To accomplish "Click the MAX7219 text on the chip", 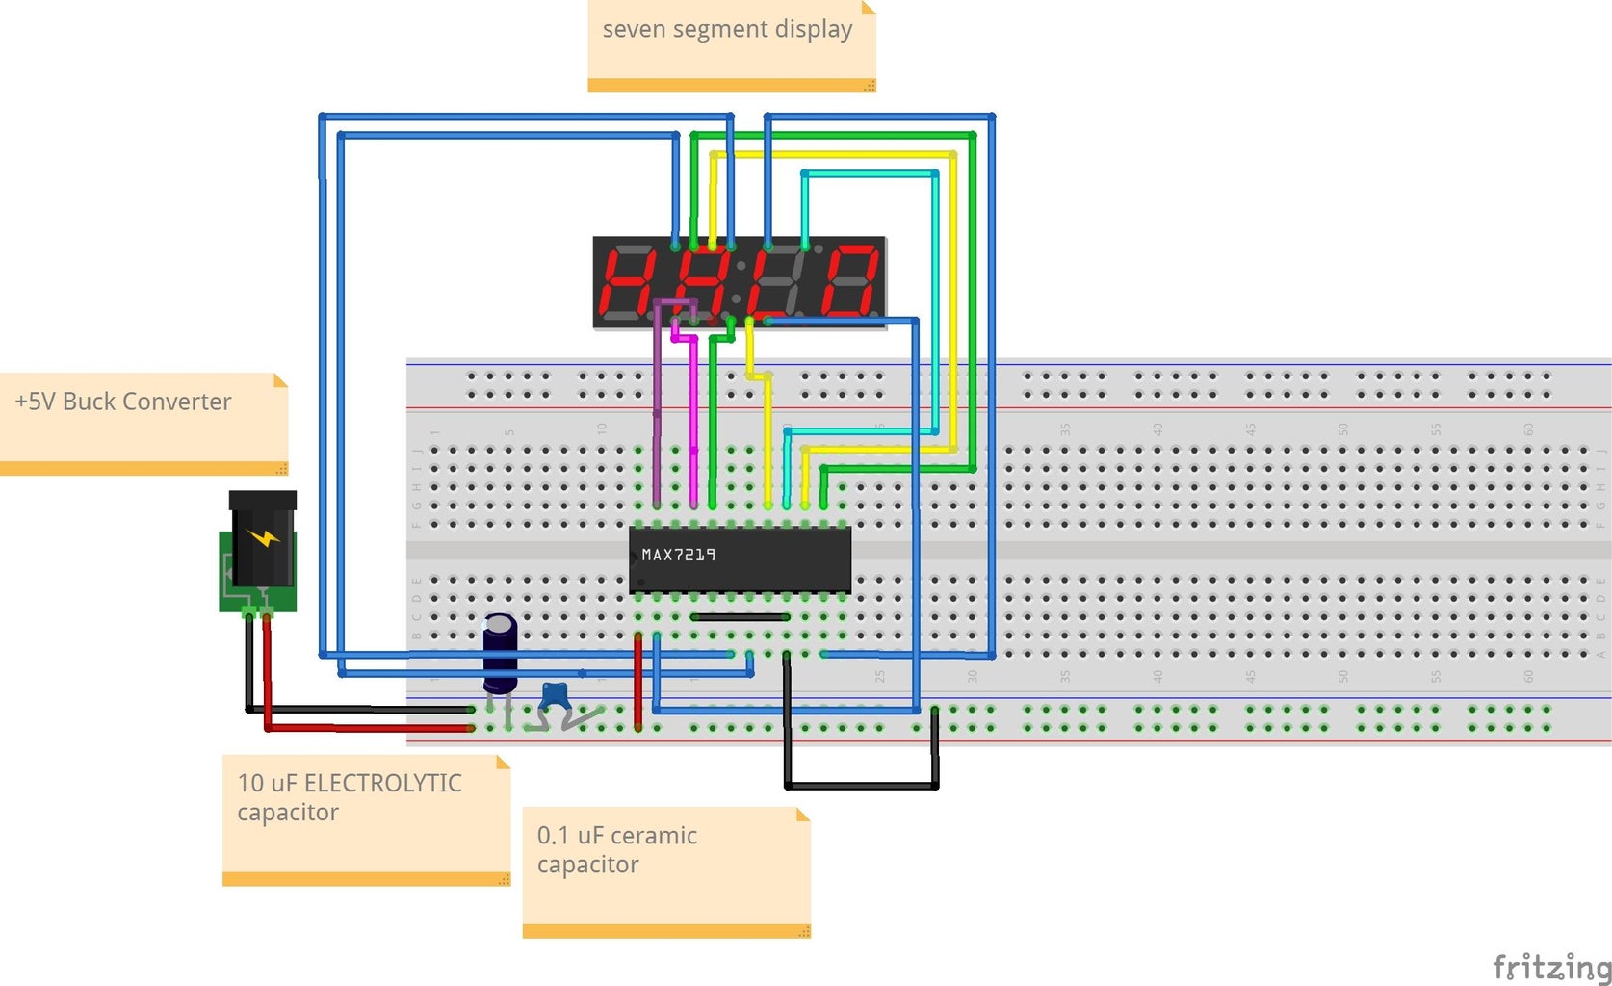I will [x=678, y=555].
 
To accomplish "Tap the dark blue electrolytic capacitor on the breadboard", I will [x=500, y=653].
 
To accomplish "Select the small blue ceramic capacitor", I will [x=555, y=694].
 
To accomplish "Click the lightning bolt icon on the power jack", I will [x=262, y=537].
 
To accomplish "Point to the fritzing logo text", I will [x=1550, y=966].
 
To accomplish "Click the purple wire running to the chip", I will [x=657, y=414].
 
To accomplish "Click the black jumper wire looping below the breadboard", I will [x=862, y=786].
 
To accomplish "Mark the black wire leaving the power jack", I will [x=249, y=664].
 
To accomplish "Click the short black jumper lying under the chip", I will [x=740, y=616].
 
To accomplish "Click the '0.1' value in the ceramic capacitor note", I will [x=553, y=835].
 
